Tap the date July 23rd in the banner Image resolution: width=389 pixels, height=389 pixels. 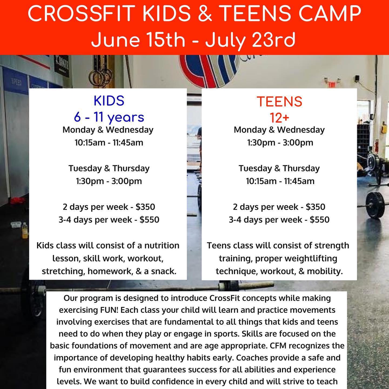[x=250, y=40]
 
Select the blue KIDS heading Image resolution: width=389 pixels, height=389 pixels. [x=109, y=101]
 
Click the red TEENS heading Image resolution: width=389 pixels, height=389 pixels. [x=279, y=102]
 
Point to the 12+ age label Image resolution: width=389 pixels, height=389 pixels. [x=279, y=118]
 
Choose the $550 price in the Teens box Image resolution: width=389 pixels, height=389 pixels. [x=320, y=220]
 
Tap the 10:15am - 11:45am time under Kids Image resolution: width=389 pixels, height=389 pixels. [x=109, y=143]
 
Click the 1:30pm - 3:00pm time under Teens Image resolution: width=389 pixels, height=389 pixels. [x=280, y=143]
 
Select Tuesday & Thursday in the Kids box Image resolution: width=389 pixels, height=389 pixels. [x=109, y=168]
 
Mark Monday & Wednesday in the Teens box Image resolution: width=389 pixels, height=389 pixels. [x=279, y=130]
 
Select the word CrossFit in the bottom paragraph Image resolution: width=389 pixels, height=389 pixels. [x=225, y=298]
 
